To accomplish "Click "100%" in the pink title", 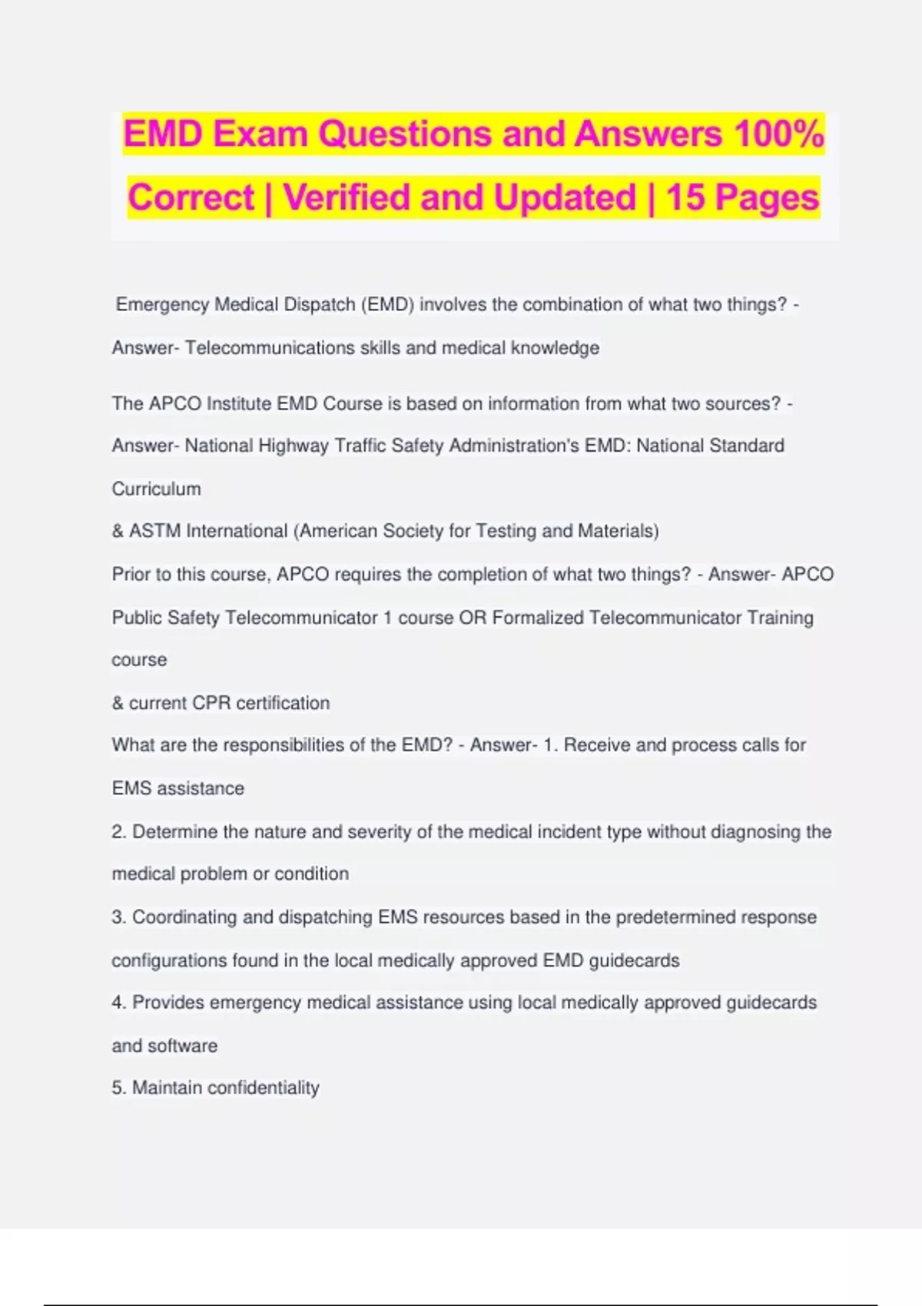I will click(x=778, y=134).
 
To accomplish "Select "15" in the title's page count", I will click(x=685, y=197).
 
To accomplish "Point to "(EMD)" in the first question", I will click(x=387, y=305).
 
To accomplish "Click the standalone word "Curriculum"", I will click(x=156, y=489).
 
